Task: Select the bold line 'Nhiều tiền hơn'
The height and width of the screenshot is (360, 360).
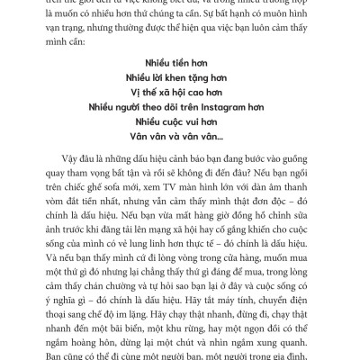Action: (180, 63)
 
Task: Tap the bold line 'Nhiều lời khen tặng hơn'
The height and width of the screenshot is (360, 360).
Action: (180, 77)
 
